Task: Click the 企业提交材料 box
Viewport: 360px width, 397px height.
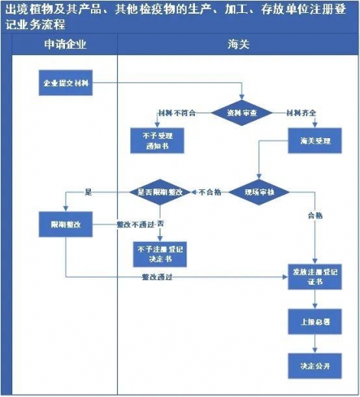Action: tap(66, 82)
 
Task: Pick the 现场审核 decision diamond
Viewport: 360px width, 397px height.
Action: tap(258, 192)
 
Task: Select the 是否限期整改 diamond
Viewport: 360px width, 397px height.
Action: tap(160, 192)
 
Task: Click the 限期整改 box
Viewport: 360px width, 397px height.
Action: tap(66, 225)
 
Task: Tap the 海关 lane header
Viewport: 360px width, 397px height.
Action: tap(238, 44)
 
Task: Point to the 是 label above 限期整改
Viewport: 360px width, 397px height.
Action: tap(88, 192)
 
